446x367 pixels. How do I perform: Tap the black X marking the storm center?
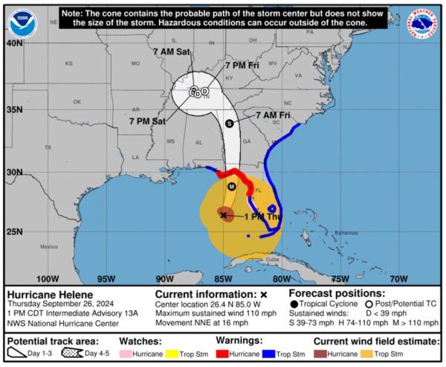tap(223, 214)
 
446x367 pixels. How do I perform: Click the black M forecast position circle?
tap(232, 186)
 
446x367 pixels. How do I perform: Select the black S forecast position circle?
tap(229, 123)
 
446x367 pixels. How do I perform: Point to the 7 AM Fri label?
tap(272, 115)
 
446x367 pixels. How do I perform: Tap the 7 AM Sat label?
tap(172, 51)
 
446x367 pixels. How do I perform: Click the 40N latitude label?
tap(14, 43)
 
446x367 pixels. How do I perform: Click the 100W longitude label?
tap(47, 279)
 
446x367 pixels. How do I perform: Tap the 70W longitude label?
tap(398, 279)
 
